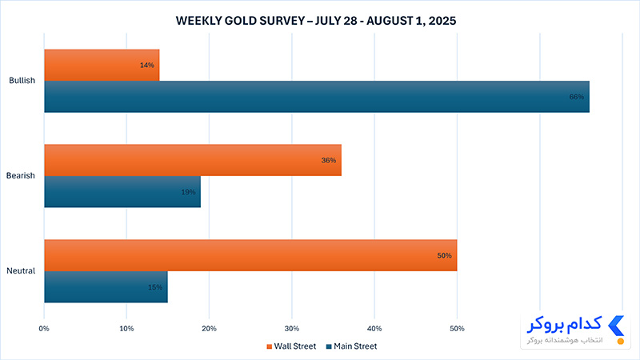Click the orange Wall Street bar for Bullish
102,66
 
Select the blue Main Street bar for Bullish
317,97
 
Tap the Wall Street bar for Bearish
193,160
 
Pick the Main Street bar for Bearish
122,191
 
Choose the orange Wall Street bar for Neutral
250,255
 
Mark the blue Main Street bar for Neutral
106,287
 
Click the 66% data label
576,97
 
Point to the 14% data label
147,66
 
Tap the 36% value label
329,161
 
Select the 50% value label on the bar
445,256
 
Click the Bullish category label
22,81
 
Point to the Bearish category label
21,175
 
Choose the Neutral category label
21,270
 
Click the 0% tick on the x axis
44,329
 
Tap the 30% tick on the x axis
292,329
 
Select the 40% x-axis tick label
374,329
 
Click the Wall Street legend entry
291,346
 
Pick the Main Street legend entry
351,346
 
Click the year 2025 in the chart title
442,21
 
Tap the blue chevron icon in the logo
616,326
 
